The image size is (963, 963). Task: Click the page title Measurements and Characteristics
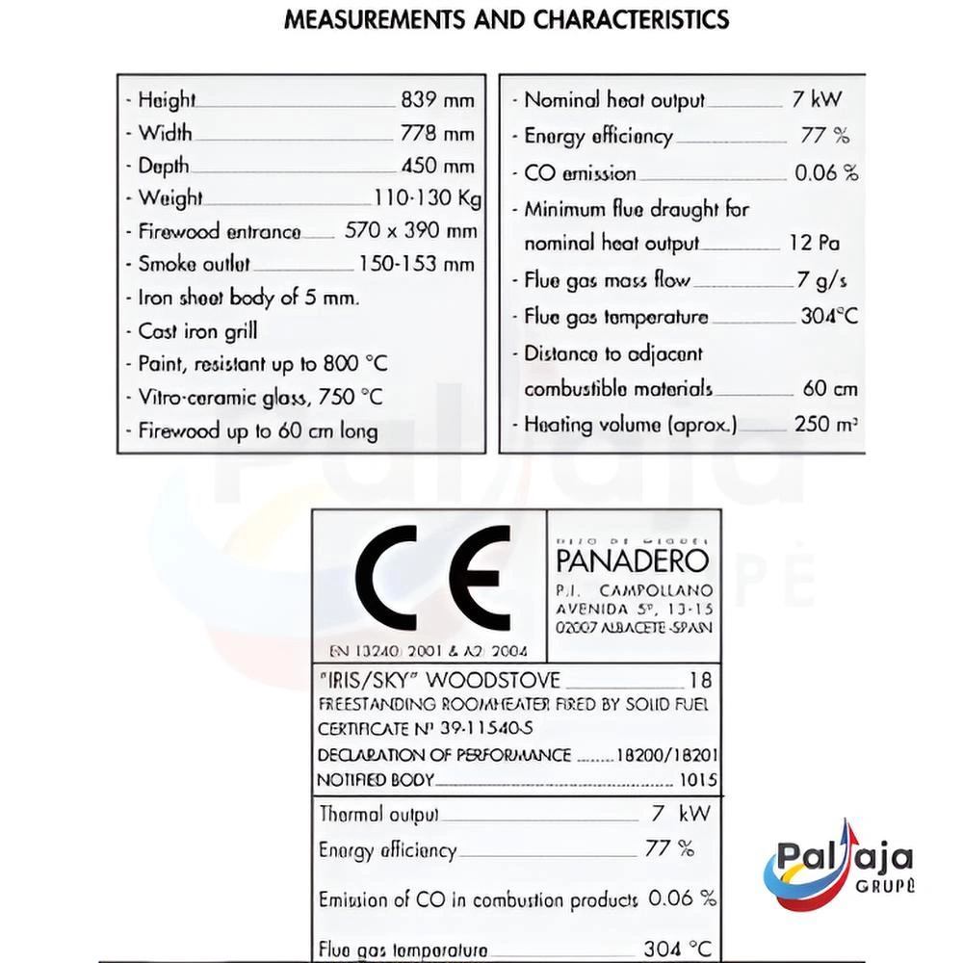click(x=507, y=20)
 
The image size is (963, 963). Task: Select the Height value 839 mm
click(x=437, y=100)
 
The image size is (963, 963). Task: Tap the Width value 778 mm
click(x=437, y=133)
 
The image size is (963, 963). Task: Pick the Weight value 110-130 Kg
click(x=428, y=198)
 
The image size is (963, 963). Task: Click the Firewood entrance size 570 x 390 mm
click(x=410, y=231)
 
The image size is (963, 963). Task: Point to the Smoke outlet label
click(x=194, y=264)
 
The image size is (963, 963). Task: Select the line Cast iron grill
click(x=197, y=331)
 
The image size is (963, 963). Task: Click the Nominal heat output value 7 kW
click(x=817, y=100)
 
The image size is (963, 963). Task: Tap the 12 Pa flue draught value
click(x=814, y=244)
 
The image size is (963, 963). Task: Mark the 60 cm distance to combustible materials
click(x=829, y=390)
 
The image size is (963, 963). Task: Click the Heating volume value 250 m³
click(x=825, y=425)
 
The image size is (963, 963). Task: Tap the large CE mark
click(x=432, y=578)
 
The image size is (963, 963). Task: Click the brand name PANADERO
click(x=632, y=560)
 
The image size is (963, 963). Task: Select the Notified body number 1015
click(x=697, y=780)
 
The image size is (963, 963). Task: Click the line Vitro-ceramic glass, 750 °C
click(x=260, y=398)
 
